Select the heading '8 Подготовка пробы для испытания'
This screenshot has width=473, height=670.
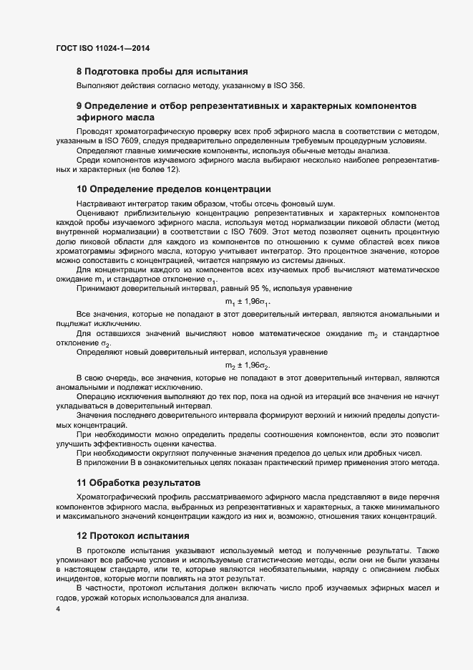162,71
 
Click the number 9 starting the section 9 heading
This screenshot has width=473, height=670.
79,105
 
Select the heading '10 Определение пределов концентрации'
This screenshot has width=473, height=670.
173,189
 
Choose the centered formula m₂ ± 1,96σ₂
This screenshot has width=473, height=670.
248,365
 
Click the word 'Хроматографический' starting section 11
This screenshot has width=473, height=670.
118,497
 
